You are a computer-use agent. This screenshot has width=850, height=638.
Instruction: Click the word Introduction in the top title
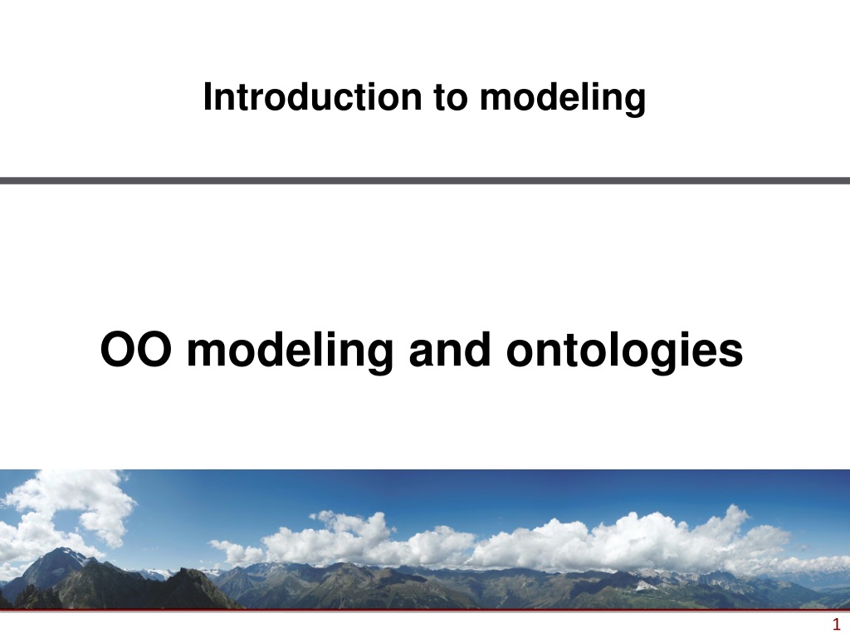312,97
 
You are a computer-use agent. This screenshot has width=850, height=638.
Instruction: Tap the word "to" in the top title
451,98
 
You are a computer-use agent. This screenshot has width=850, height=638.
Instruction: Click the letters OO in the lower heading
136,350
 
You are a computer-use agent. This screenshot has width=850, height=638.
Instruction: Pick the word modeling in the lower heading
290,352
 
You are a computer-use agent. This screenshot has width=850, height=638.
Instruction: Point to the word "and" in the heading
450,350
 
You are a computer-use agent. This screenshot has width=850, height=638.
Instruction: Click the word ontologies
624,352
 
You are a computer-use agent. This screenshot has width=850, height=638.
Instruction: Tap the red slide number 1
836,624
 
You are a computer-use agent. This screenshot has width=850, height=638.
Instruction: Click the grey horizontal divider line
425,180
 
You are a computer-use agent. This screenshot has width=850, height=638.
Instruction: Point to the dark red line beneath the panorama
425,611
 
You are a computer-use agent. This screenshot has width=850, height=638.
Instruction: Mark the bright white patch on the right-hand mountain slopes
644,586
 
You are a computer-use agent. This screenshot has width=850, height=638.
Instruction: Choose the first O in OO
118,350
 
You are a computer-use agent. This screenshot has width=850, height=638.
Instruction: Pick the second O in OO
154,350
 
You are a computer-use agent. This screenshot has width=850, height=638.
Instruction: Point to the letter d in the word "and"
480,350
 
